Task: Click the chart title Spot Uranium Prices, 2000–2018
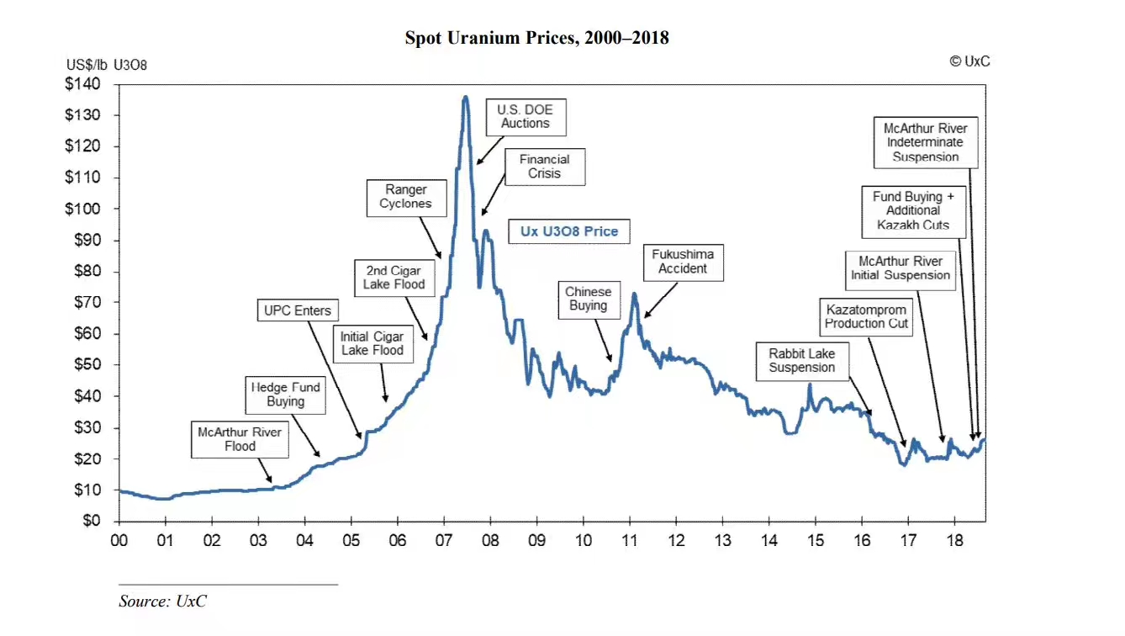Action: click(x=536, y=38)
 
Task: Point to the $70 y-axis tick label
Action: click(x=85, y=302)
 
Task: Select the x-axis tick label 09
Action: click(x=536, y=540)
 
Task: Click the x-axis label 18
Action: click(x=954, y=540)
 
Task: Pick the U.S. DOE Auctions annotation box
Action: click(x=526, y=116)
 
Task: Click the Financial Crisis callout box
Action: click(x=544, y=167)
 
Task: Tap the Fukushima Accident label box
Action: click(x=683, y=262)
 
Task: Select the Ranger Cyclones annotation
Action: click(x=405, y=197)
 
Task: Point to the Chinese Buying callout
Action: click(x=588, y=299)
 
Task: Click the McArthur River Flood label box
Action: click(x=240, y=439)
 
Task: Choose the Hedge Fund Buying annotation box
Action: click(x=285, y=395)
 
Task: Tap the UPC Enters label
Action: click(x=298, y=310)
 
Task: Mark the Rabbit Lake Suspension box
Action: click(x=801, y=361)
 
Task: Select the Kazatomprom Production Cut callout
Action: click(x=866, y=316)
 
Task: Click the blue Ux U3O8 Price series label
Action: click(x=568, y=231)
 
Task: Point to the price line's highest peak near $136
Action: click(x=465, y=98)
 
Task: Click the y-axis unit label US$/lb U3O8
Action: click(x=107, y=65)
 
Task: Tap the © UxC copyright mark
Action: click(x=969, y=61)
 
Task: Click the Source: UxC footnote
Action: click(x=162, y=601)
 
